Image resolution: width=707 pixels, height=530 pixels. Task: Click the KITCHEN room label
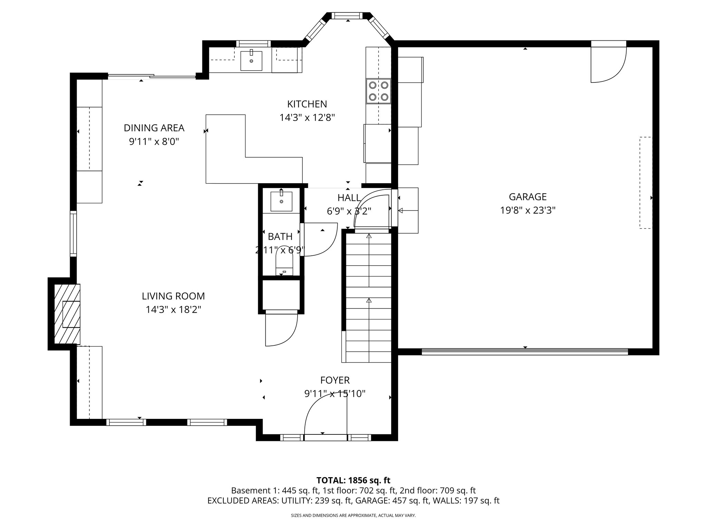pyautogui.click(x=307, y=104)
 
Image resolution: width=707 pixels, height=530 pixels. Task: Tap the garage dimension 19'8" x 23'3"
pyautogui.click(x=527, y=210)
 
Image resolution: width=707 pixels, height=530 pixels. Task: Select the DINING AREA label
pyautogui.click(x=154, y=128)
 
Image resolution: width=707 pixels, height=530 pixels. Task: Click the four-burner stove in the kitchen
pyautogui.click(x=378, y=91)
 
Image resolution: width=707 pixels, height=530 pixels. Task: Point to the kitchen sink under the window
pyautogui.click(x=251, y=61)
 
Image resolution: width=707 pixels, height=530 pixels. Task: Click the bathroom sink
pyautogui.click(x=281, y=201)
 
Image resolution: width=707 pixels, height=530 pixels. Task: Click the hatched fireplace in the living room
pyautogui.click(x=67, y=314)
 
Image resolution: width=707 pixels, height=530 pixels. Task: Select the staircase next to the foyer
pyautogui.click(x=369, y=297)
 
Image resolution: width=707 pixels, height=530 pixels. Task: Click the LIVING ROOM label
pyautogui.click(x=173, y=296)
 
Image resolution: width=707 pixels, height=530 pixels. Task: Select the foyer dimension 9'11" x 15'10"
pyautogui.click(x=335, y=394)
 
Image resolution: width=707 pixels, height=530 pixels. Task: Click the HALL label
pyautogui.click(x=349, y=198)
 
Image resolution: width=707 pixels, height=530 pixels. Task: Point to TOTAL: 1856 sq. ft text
pyautogui.click(x=353, y=480)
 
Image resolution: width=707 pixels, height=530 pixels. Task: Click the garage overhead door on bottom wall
pyautogui.click(x=525, y=352)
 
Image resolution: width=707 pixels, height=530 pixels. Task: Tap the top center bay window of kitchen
pyautogui.click(x=348, y=16)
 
